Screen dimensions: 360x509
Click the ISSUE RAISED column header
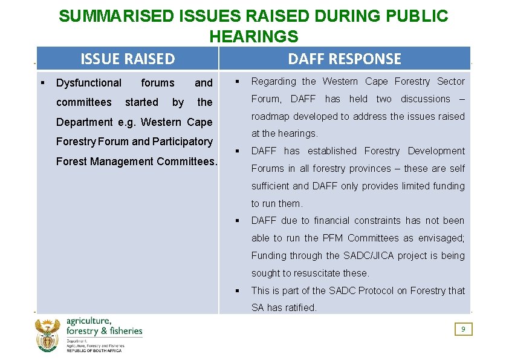[128, 59]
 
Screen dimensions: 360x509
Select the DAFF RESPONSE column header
[344, 59]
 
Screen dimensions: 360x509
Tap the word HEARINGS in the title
[254, 36]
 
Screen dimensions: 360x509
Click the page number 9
[463, 329]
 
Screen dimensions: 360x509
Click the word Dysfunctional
[89, 83]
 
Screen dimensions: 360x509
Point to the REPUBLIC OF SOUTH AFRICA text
[94, 350]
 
